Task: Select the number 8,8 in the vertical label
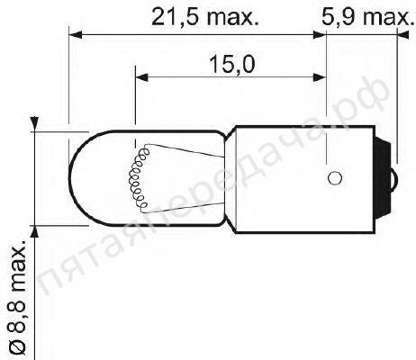(15, 317)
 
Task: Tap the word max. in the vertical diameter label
(15, 268)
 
